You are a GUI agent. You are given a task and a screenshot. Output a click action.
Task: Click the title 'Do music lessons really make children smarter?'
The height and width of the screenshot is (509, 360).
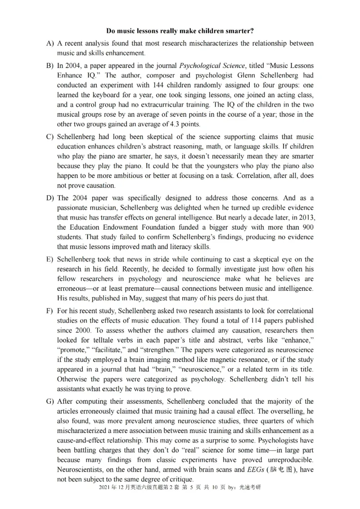180,31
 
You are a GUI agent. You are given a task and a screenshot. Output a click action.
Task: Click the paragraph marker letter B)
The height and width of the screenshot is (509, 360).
49,66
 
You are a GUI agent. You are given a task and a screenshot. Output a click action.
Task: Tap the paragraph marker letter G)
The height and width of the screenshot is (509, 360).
49,401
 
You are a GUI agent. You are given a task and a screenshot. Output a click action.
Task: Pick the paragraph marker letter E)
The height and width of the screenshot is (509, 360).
49,259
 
